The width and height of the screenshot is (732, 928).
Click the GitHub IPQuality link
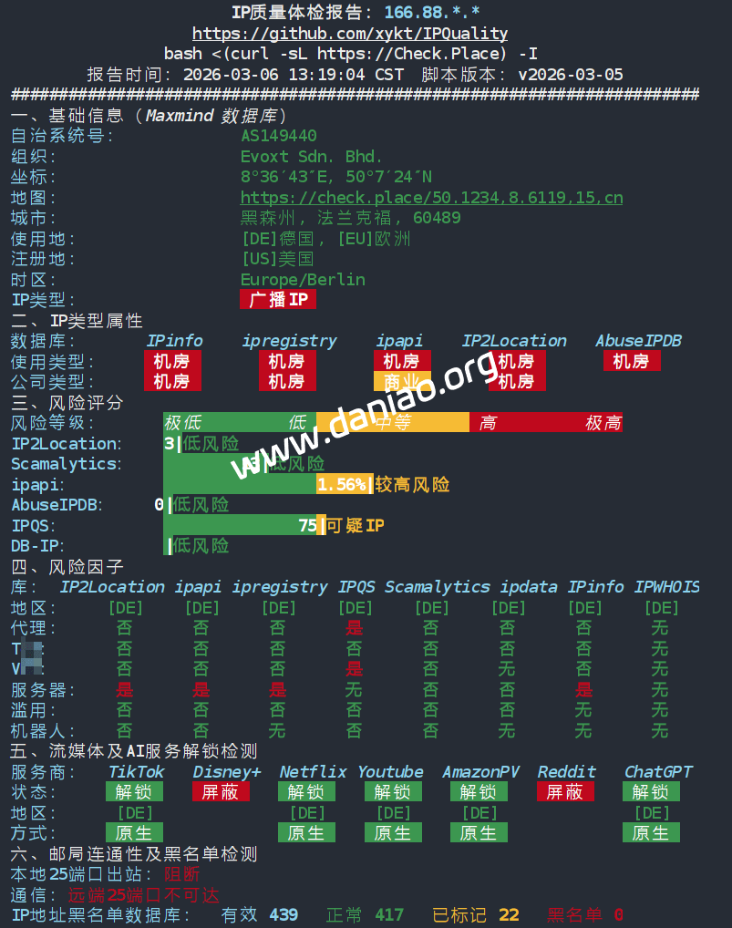[x=350, y=34]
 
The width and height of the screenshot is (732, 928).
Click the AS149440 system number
[x=279, y=136]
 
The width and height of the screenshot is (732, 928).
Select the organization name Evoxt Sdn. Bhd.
[x=312, y=156]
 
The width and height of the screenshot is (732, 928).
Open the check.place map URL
[x=431, y=198]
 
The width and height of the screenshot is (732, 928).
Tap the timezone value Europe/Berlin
[x=303, y=279]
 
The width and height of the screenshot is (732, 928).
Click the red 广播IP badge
[x=278, y=299]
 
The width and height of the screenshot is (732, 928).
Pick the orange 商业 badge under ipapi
[x=401, y=381]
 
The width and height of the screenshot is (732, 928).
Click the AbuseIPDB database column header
[x=638, y=340]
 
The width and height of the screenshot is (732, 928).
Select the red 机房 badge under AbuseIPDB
[x=631, y=361]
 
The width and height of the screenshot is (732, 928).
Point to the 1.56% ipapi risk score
[x=342, y=484]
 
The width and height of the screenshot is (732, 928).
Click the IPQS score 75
[x=307, y=525]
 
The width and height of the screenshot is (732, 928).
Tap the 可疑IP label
[x=355, y=525]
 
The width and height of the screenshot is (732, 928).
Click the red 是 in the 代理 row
[x=354, y=627]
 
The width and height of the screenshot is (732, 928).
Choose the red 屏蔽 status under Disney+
[x=221, y=791]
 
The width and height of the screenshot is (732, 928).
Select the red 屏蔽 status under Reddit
[x=565, y=791]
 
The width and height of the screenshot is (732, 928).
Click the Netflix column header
[x=314, y=771]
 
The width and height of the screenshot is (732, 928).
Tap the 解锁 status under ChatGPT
[x=651, y=791]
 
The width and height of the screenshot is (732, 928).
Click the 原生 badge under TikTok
[x=134, y=832]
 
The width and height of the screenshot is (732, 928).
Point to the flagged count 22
[x=509, y=914]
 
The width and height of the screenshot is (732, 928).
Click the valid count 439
[x=284, y=914]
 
